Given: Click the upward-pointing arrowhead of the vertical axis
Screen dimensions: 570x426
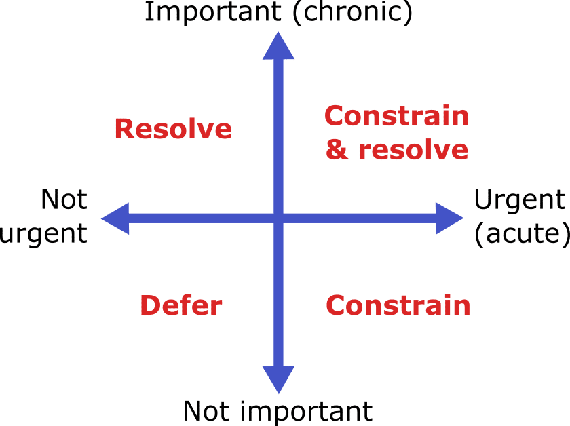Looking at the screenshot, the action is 278,45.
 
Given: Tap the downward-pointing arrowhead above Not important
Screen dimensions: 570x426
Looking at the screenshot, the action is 278,380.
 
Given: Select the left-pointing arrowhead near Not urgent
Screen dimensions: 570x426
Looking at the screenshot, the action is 115,218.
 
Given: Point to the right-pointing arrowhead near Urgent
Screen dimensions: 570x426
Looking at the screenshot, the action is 450,218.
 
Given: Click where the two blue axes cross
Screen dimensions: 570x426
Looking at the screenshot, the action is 278,218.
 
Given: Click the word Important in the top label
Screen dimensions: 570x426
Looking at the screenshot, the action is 213,12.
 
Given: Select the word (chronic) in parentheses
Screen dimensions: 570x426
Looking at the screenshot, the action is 353,13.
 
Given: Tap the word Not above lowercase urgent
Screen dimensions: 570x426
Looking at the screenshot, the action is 64,199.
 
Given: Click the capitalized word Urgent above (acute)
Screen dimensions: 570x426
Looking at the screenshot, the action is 520,201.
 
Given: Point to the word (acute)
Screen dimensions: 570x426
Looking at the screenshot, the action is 522,235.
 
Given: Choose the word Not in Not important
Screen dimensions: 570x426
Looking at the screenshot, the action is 206,411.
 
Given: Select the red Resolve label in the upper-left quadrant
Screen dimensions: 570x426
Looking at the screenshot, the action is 174,129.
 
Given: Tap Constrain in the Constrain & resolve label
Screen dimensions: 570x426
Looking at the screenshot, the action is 396,116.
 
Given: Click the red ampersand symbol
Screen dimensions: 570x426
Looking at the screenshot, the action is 337,149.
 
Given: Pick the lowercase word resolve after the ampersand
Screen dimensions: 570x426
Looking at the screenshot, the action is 413,149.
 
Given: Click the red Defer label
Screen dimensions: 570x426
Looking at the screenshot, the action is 181,305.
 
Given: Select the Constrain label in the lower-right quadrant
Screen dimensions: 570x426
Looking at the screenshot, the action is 398,305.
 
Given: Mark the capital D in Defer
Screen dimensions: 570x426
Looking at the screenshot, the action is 151,305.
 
